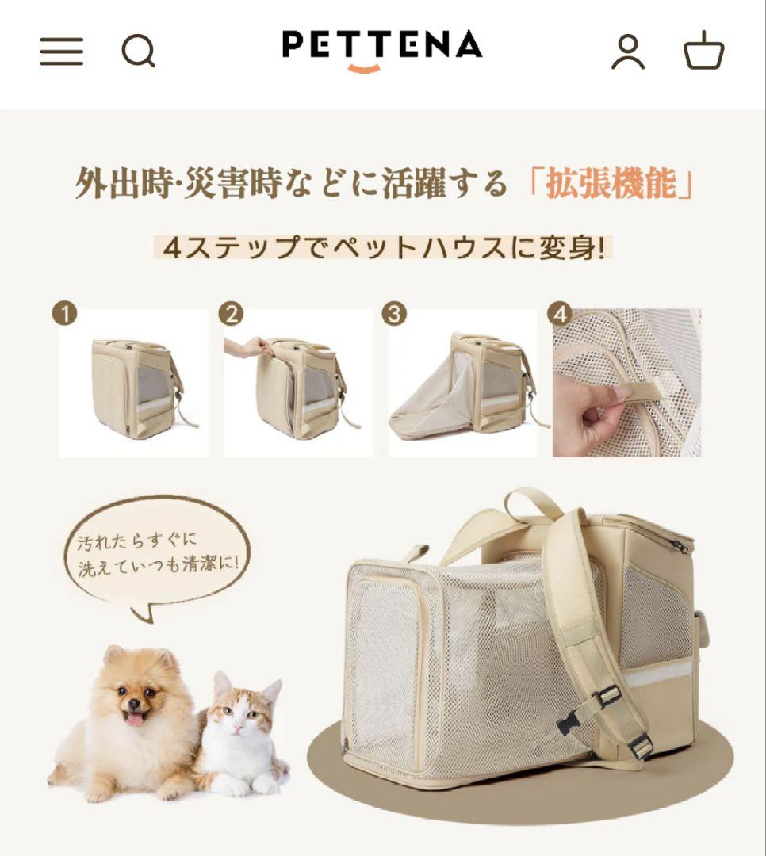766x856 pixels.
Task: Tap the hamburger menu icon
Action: (x=62, y=52)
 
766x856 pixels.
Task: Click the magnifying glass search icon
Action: (x=138, y=52)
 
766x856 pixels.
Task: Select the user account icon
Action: (x=627, y=52)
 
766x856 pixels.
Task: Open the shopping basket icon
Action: (x=704, y=52)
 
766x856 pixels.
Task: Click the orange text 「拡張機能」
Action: (x=611, y=184)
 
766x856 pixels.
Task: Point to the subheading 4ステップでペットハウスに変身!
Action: (x=383, y=248)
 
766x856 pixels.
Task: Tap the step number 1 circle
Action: (x=65, y=314)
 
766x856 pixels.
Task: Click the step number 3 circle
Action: (x=394, y=314)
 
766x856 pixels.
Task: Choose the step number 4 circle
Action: (x=560, y=314)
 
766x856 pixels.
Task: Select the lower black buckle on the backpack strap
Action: (x=639, y=746)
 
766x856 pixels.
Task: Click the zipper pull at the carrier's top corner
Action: (x=680, y=545)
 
